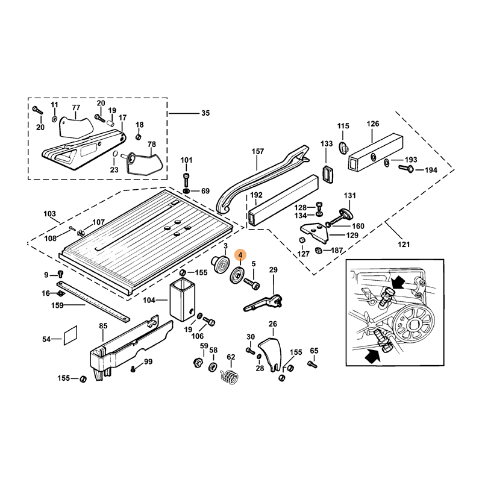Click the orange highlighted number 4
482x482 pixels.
[x=240, y=255]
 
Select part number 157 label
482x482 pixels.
[x=258, y=151]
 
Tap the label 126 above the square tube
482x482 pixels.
[x=373, y=124]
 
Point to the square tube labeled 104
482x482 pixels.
[x=183, y=300]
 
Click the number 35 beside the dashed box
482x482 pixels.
[x=205, y=113]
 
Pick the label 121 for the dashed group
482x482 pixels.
[x=404, y=244]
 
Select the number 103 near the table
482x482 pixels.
[x=50, y=214]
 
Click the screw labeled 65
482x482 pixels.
[x=312, y=364]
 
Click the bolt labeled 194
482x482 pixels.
[x=407, y=169]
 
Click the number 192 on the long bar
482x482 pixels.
[x=257, y=195]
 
